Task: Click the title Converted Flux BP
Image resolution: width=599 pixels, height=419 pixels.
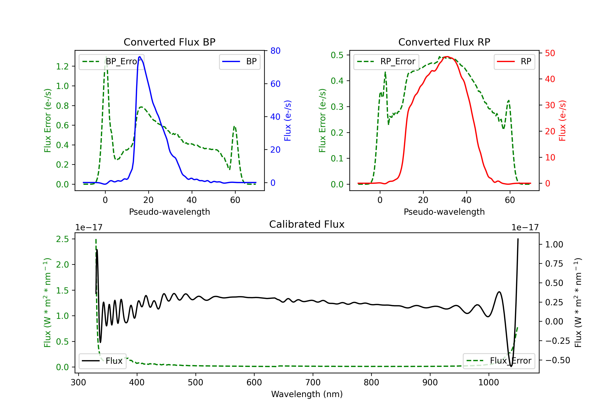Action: [x=169, y=42]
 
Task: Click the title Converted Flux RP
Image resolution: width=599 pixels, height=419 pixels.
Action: [x=444, y=42]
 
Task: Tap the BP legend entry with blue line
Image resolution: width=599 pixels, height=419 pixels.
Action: [x=240, y=61]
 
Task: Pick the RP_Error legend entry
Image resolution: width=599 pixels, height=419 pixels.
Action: [x=386, y=61]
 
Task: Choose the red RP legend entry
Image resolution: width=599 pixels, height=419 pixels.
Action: [x=514, y=61]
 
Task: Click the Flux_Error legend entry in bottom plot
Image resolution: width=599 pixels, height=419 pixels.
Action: [x=499, y=361]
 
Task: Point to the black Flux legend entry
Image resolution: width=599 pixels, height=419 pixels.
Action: [x=103, y=361]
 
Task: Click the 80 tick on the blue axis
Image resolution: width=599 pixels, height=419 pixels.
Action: [x=275, y=51]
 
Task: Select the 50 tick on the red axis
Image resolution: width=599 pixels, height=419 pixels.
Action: [x=550, y=53]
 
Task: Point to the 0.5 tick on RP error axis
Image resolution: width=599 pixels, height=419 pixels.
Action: [x=337, y=55]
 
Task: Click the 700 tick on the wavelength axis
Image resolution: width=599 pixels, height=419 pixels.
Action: [x=313, y=382]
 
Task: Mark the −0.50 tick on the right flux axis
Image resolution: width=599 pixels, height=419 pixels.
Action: [x=557, y=360]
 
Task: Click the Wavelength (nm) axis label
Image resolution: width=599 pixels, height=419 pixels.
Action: [x=307, y=394]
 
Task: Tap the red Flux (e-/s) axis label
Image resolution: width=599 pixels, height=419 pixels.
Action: [x=562, y=121]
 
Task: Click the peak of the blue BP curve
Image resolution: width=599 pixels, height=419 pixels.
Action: [x=140, y=57]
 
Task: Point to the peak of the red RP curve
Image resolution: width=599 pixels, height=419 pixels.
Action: [x=447, y=57]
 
